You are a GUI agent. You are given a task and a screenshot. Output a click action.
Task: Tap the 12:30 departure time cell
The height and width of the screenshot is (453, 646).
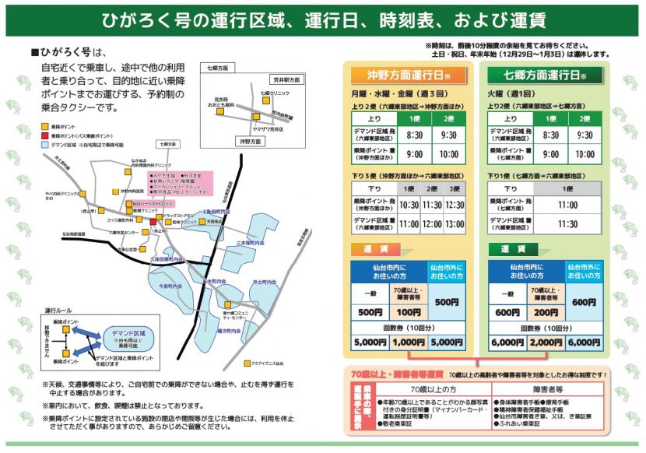tap(454, 205)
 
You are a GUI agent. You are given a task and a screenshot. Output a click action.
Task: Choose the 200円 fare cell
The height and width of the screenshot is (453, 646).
tap(546, 311)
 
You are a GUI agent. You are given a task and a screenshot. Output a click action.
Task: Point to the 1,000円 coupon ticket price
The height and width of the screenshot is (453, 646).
tap(408, 342)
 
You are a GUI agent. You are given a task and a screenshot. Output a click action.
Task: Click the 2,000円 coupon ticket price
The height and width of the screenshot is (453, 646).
tap(546, 342)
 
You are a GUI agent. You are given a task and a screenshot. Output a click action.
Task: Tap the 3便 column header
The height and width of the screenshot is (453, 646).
tap(454, 189)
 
